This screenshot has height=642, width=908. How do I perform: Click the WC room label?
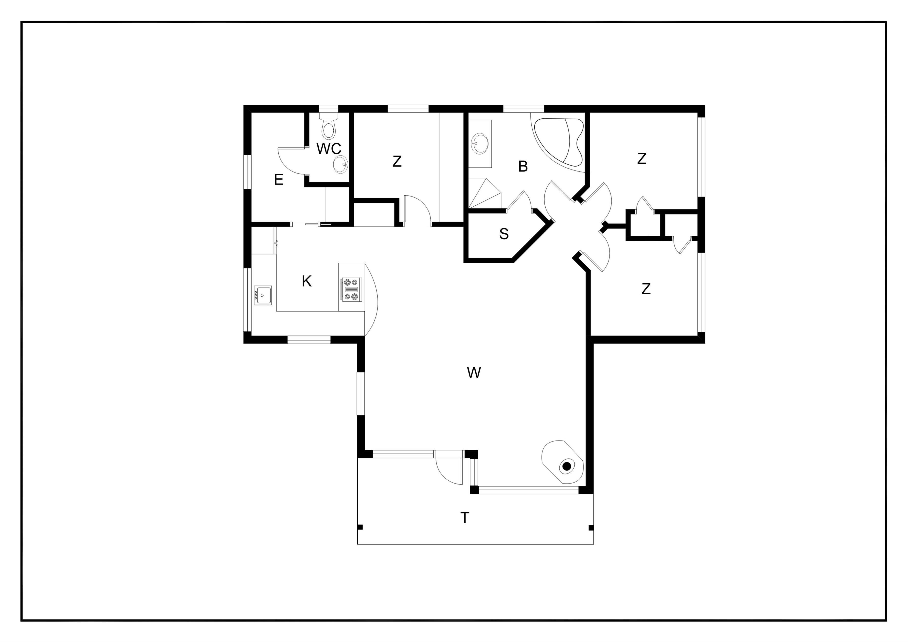click(x=329, y=149)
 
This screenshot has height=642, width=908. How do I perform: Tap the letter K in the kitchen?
click(x=307, y=281)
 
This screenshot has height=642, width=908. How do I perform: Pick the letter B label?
click(x=523, y=167)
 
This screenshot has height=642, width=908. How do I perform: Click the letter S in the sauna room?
click(x=504, y=234)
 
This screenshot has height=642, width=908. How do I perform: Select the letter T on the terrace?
click(x=465, y=518)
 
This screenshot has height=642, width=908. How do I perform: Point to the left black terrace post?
click(x=360, y=527)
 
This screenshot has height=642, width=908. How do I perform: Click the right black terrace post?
click(x=591, y=528)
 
